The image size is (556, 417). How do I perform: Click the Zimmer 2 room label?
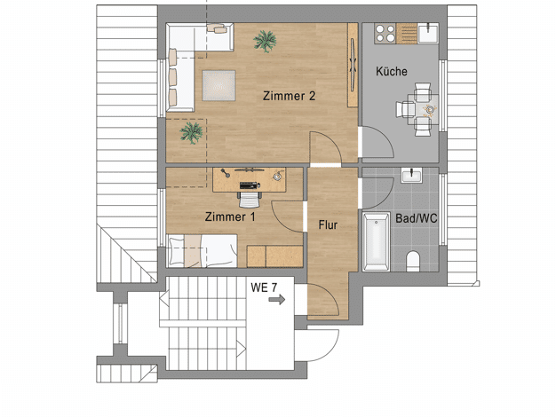289,96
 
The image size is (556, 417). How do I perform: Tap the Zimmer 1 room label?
230,216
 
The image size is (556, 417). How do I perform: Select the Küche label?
391,71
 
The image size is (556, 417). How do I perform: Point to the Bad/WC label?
416,218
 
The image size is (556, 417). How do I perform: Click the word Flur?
328,224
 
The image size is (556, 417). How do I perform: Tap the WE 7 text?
264,287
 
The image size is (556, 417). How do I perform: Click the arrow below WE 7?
277,300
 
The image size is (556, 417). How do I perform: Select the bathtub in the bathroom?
376,241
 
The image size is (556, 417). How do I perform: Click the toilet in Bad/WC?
413,261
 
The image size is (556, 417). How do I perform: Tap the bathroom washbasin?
411,176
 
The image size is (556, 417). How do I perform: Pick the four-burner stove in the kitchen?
385,34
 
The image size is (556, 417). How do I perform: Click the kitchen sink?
428,33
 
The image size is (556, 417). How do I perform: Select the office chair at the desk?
250,200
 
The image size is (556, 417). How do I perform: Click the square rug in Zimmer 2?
218,86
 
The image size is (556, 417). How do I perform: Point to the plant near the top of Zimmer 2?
265,41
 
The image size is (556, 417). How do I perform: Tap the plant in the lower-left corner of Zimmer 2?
192,133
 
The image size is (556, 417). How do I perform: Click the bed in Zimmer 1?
203,250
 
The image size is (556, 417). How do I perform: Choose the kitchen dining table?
424,109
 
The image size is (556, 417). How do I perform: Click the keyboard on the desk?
250,185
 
